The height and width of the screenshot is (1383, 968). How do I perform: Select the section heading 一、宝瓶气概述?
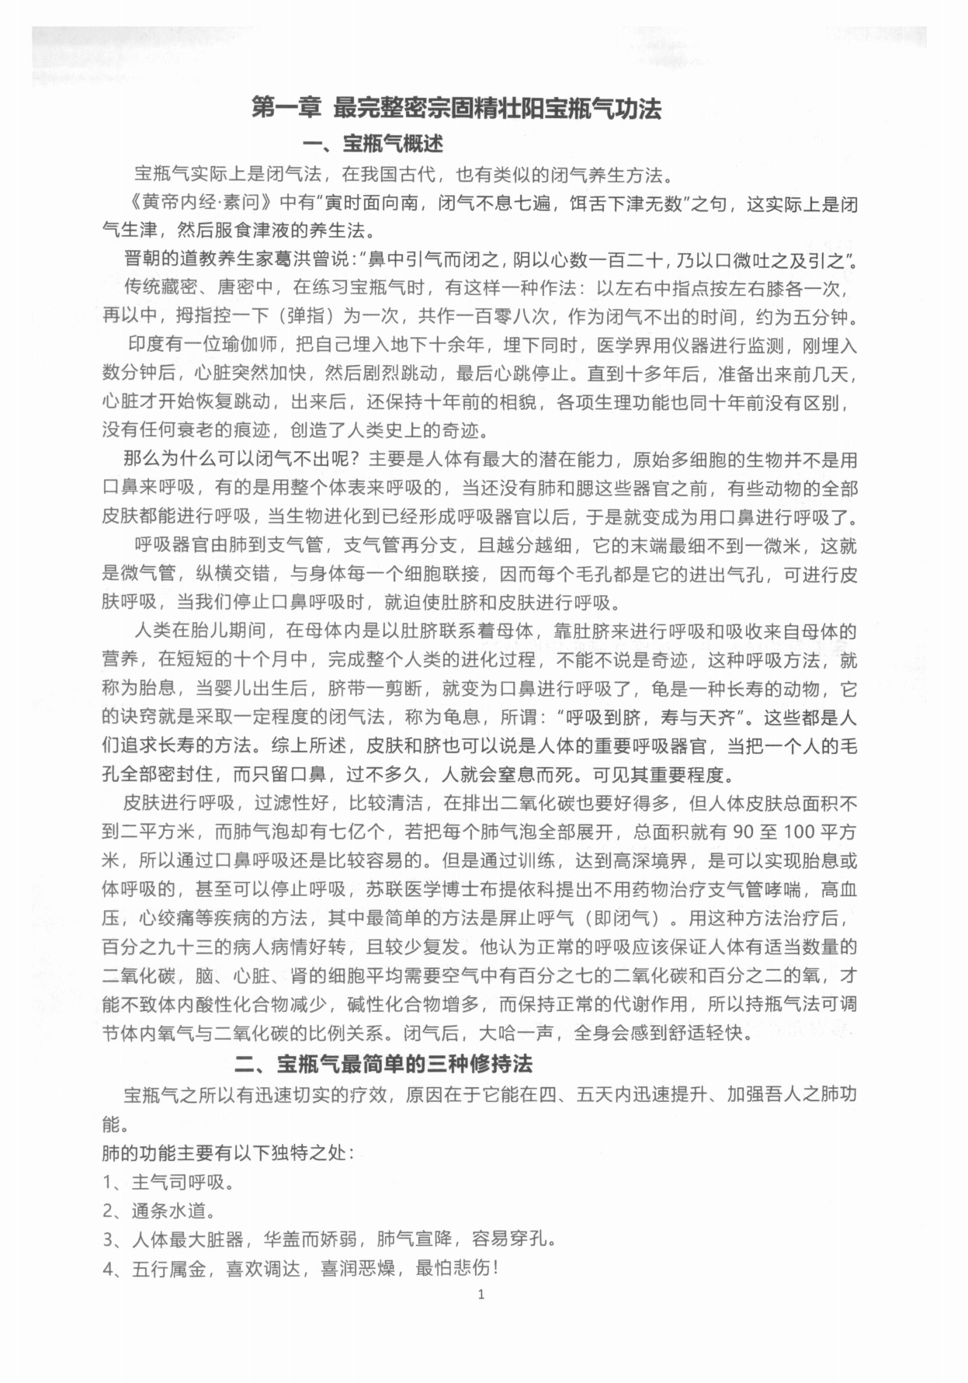(x=373, y=144)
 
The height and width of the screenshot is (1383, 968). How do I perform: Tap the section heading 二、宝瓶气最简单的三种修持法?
(x=383, y=1063)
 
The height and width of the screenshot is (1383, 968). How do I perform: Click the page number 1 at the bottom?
(x=481, y=1294)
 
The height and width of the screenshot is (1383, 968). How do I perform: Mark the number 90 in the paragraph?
(x=743, y=832)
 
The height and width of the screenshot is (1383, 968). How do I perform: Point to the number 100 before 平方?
(x=797, y=832)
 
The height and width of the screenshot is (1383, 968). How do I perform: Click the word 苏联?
(x=385, y=890)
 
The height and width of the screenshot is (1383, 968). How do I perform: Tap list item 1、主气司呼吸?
(x=168, y=1183)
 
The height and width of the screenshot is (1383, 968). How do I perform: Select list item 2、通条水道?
(x=159, y=1211)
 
